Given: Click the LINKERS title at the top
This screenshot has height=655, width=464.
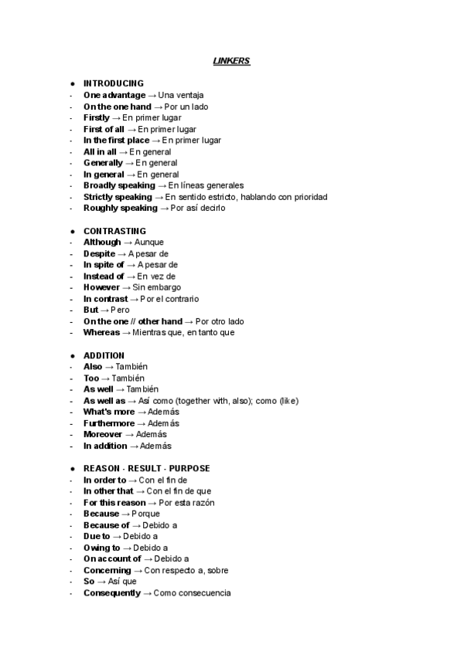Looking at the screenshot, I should coord(231,61).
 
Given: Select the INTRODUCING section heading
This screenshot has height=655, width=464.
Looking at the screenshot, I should coord(113,83).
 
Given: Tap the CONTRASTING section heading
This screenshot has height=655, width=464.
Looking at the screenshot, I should coord(114,231).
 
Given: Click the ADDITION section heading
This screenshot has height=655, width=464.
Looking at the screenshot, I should coord(104,355).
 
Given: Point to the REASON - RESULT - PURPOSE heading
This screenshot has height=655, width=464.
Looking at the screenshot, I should coord(146,468).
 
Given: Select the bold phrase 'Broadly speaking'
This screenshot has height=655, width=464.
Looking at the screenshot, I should coord(119,185).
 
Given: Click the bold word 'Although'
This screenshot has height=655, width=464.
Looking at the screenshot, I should coord(102,243).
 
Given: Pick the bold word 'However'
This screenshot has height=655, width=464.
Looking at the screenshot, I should coord(101,287).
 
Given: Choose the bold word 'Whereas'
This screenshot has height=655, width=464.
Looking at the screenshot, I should coord(102,333).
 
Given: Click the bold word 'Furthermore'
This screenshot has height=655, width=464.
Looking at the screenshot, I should coord(109,423).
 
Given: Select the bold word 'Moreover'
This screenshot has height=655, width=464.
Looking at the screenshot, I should coord(103,434).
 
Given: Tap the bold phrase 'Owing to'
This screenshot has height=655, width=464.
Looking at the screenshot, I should coord(102,548).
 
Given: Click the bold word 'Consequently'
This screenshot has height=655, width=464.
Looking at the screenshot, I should coord(112,593).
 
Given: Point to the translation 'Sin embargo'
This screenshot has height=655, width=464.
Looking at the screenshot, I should coord(157,287).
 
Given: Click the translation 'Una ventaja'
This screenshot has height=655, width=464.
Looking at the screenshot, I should coord(180,95).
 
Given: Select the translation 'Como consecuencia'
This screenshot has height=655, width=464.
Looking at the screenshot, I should coord(192,593).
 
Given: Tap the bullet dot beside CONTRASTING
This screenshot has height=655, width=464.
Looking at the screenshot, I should coord(72,231).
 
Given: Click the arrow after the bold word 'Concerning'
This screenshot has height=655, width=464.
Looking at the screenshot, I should coord(138,571).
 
